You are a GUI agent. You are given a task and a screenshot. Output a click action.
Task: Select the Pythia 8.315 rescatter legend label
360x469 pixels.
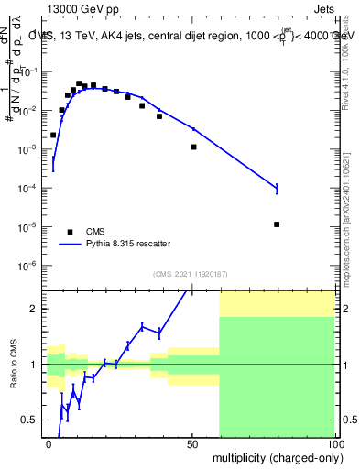[132, 244]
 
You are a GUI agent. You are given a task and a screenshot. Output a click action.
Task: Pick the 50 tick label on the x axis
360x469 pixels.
[192, 444]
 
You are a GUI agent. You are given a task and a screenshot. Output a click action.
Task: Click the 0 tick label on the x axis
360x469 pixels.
[49, 444]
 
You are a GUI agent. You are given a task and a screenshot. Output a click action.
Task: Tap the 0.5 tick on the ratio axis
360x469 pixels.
[33, 420]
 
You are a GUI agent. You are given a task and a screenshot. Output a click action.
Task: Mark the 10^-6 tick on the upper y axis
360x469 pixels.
[30, 266]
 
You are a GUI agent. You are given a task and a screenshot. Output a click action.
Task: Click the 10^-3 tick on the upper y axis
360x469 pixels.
[30, 149]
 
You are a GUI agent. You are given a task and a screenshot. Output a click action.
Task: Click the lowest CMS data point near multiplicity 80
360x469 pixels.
[277, 224]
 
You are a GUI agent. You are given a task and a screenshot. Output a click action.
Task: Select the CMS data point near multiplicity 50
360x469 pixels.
[193, 147]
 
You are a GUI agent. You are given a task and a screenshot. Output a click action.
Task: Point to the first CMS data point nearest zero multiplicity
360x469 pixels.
[53, 135]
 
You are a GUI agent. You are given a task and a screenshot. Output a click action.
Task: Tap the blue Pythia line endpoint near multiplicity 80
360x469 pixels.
[277, 188]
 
